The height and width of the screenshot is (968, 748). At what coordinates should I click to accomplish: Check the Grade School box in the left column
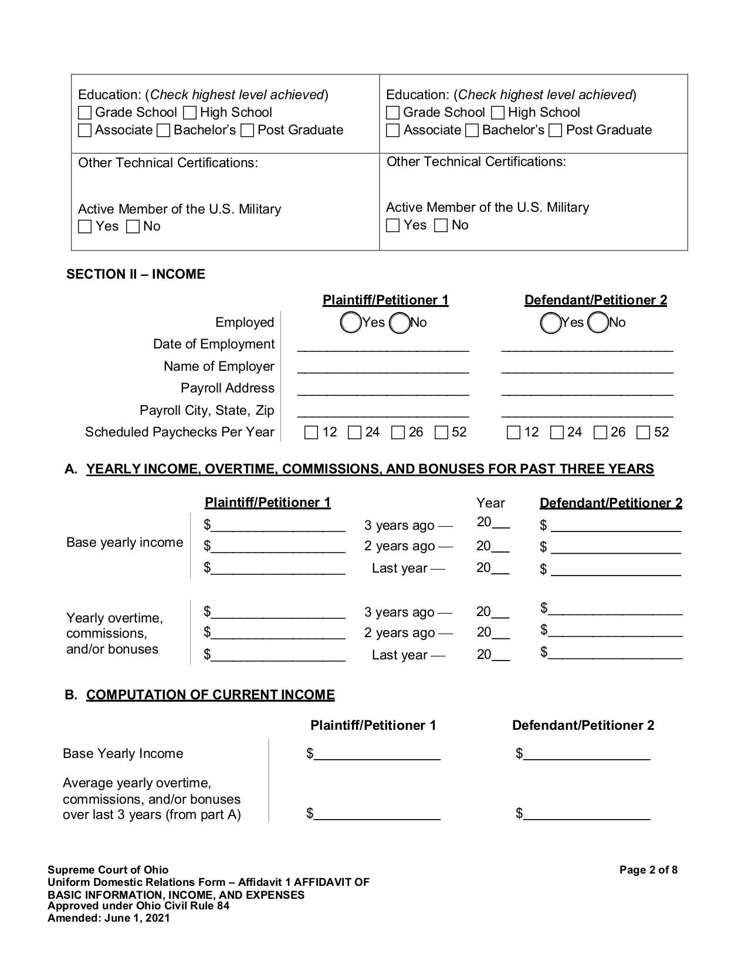point(85,113)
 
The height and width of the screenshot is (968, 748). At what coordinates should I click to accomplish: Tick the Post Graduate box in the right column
point(556,130)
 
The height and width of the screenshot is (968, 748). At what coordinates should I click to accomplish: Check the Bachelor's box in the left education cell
point(164,130)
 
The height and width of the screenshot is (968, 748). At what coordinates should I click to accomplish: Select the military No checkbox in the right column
point(441,225)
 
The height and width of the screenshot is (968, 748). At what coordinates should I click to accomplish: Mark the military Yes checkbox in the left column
point(85,226)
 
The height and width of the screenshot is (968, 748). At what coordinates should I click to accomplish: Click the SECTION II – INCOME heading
point(136,275)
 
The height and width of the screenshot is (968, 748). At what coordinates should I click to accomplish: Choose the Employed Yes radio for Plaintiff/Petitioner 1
point(350,323)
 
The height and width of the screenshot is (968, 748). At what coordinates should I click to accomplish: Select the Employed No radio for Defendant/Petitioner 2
point(598,323)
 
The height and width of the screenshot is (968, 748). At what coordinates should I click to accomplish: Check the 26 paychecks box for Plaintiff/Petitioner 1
point(398,433)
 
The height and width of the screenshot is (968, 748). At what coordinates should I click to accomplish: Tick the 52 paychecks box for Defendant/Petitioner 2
point(644,433)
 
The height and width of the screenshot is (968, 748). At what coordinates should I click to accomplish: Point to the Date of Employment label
point(214,344)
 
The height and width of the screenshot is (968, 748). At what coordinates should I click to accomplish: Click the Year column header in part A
point(490,503)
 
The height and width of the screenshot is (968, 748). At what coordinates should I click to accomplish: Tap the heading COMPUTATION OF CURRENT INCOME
point(210,695)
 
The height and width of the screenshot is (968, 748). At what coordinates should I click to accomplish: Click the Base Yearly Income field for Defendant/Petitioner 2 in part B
point(587,754)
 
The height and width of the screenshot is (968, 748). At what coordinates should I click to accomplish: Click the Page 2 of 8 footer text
point(648,870)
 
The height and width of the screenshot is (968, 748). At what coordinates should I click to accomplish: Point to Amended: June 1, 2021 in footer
point(109,918)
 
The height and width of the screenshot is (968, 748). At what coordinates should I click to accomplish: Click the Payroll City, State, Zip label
point(207,411)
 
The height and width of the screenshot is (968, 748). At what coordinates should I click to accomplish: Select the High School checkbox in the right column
point(497,113)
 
